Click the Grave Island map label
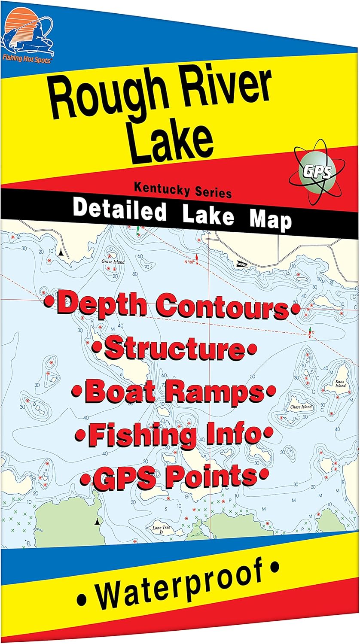(x=113, y=261)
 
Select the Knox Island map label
(x=341, y=383)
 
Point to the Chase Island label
(x=301, y=407)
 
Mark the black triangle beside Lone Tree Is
(x=97, y=522)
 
